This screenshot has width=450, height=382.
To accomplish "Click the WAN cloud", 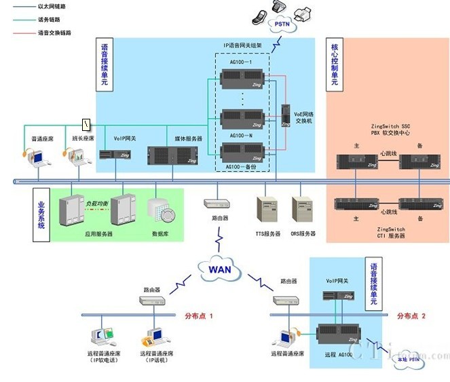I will pyautogui.click(x=219, y=269).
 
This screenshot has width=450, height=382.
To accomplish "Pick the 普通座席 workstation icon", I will pyautogui.click(x=36, y=157).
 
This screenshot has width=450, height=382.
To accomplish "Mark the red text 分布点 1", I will pyautogui.click(x=199, y=316).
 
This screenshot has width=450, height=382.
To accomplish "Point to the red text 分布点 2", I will pyautogui.click(x=411, y=316).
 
